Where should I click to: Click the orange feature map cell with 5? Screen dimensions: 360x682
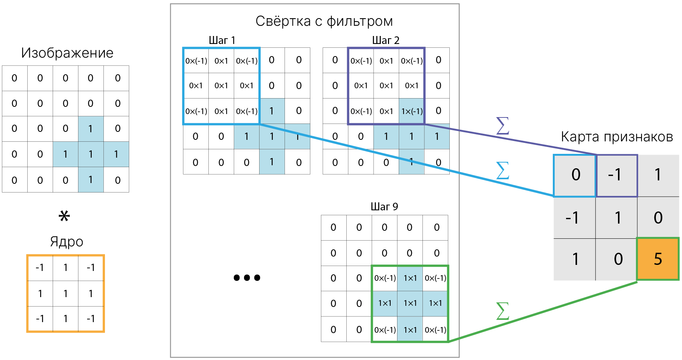658,259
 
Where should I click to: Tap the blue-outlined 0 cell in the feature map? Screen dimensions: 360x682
575,175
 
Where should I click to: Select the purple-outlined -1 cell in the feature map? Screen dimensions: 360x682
617,175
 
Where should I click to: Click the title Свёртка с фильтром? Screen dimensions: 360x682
324,21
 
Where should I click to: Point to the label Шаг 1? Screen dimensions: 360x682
222,40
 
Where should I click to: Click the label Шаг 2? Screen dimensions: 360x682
386,40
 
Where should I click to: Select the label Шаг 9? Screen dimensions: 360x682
384,207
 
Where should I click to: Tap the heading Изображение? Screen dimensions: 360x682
67,53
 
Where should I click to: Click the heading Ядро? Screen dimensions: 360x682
66,241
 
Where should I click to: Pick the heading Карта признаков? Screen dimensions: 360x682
616,137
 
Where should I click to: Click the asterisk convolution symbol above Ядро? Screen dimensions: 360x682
64,216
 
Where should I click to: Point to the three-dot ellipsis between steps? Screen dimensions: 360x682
247,278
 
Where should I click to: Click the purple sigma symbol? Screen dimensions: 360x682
502,126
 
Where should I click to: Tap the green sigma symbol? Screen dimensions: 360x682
502,311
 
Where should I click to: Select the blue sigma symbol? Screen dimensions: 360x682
502,171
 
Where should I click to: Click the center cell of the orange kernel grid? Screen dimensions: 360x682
66,293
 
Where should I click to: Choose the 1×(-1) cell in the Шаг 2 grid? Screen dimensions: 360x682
412,111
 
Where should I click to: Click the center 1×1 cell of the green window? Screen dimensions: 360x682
410,303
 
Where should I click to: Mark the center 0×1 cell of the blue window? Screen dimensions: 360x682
221,86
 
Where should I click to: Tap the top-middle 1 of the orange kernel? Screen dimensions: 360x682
66,268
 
